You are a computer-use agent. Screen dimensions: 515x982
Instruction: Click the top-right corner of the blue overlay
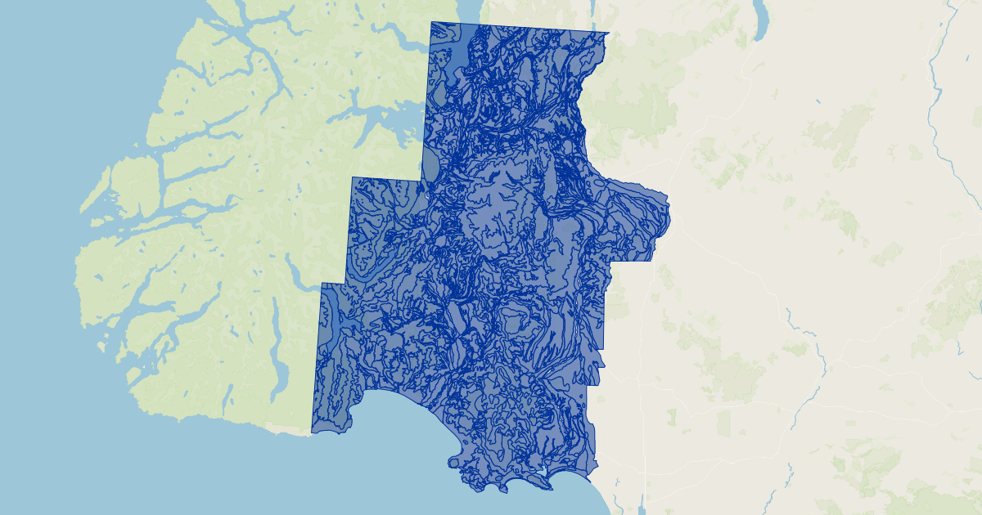[x=609, y=34]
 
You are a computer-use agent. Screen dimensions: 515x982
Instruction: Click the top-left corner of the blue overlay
[x=431, y=22]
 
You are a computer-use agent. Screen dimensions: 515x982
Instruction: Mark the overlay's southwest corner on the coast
[x=312, y=431]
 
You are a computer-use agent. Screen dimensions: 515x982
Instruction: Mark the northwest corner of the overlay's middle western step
[x=353, y=177]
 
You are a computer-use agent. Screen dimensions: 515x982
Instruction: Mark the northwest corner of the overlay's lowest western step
[x=322, y=284]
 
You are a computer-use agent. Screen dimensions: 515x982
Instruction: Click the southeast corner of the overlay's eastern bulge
[x=652, y=262]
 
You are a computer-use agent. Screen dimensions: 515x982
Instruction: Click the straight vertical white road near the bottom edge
[x=645, y=482]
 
